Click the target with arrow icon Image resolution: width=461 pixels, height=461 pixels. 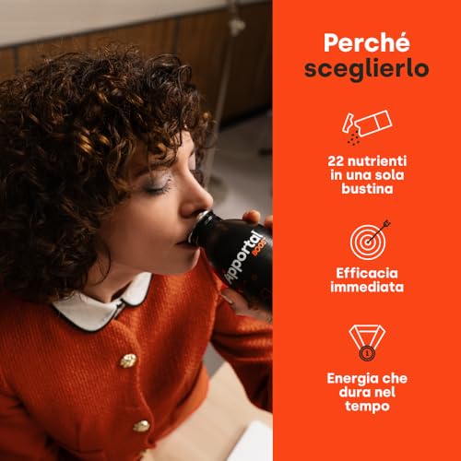(367, 240)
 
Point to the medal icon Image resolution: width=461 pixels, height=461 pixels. (367, 340)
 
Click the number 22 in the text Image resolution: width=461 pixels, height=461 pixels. (337, 162)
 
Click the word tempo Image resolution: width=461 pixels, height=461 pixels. (367, 409)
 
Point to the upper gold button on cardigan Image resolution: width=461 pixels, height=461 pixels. (128, 360)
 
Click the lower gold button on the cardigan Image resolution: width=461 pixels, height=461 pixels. (141, 426)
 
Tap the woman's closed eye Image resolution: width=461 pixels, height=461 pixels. (159, 185)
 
